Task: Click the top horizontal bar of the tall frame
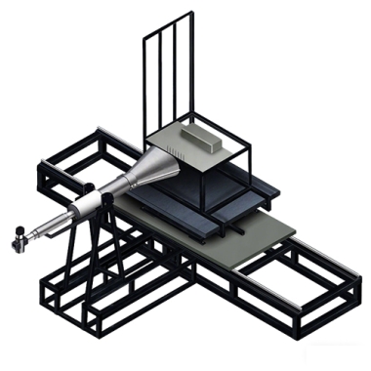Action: point(163,23)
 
